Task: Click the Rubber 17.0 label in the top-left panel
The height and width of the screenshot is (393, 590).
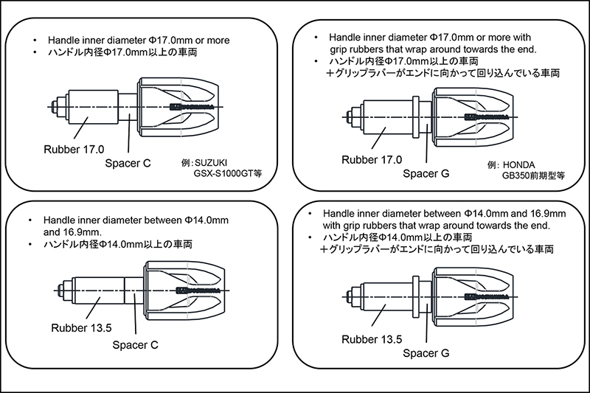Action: coord(73,149)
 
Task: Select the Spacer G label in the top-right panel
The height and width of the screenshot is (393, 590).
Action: coord(426,174)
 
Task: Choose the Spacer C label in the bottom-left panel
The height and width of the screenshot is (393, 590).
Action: coord(136,344)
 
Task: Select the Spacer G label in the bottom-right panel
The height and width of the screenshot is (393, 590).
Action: coord(426,352)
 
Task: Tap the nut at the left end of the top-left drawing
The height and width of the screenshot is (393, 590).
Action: coord(56,108)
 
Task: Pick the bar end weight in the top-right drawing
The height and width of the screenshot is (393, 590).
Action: coord(467,116)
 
